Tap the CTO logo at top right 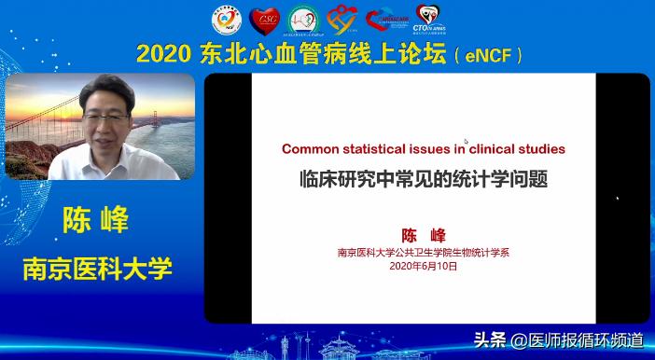(x=428, y=19)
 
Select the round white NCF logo (x=226, y=19)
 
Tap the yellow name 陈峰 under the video (x=96, y=221)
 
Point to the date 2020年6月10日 (x=423, y=266)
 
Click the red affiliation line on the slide (x=423, y=251)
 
